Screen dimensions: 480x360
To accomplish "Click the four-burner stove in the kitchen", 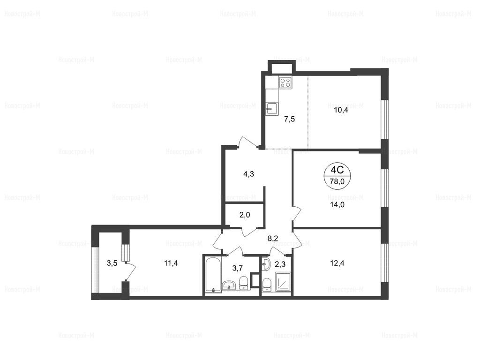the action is pyautogui.click(x=285, y=82).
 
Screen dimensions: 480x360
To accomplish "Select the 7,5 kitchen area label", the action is pyautogui.click(x=290, y=119).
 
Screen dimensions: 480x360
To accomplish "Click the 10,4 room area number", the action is pyautogui.click(x=341, y=110).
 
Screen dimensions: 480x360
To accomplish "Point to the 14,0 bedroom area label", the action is pyautogui.click(x=337, y=205).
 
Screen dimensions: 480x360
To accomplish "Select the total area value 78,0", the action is pyautogui.click(x=337, y=181).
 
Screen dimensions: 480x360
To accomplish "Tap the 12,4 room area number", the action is pyautogui.click(x=337, y=263).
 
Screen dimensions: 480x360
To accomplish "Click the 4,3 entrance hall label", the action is pyautogui.click(x=248, y=174).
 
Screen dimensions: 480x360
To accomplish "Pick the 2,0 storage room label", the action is pyautogui.click(x=245, y=215).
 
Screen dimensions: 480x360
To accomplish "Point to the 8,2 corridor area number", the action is pyautogui.click(x=273, y=239).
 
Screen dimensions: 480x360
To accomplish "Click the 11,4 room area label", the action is pyautogui.click(x=171, y=263).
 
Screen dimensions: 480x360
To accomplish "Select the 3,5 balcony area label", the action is pyautogui.click(x=112, y=263).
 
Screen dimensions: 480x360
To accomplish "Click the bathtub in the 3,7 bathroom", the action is pyautogui.click(x=212, y=275).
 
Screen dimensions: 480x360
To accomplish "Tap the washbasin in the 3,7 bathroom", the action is pyautogui.click(x=229, y=285).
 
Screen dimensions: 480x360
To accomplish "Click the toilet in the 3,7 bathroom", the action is pyautogui.click(x=243, y=283).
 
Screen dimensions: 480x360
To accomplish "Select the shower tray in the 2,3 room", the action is pyautogui.click(x=284, y=281).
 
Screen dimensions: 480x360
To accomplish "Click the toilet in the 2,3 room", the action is pyautogui.click(x=266, y=285).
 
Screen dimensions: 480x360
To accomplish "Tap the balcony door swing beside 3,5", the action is pyautogui.click(x=130, y=270).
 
